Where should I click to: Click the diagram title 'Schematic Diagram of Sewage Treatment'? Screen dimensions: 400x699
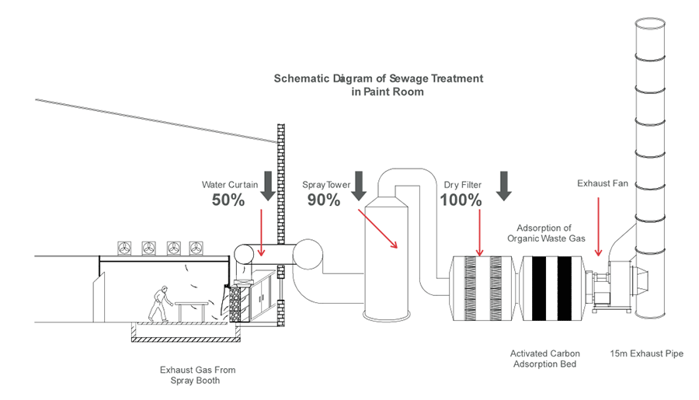pyautogui.click(x=378, y=78)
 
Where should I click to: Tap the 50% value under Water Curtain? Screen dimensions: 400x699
pyautogui.click(x=228, y=200)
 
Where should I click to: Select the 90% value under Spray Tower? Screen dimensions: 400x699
pyautogui.click(x=324, y=200)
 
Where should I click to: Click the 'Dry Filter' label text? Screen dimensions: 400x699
pyautogui.click(x=463, y=185)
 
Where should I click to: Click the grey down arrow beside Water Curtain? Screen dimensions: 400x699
pyautogui.click(x=268, y=185)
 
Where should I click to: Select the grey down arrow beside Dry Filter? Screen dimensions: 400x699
pyautogui.click(x=505, y=185)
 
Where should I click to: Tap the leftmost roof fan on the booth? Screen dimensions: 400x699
pyautogui.click(x=125, y=248)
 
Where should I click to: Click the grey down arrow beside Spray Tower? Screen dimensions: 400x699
pyautogui.click(x=358, y=185)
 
